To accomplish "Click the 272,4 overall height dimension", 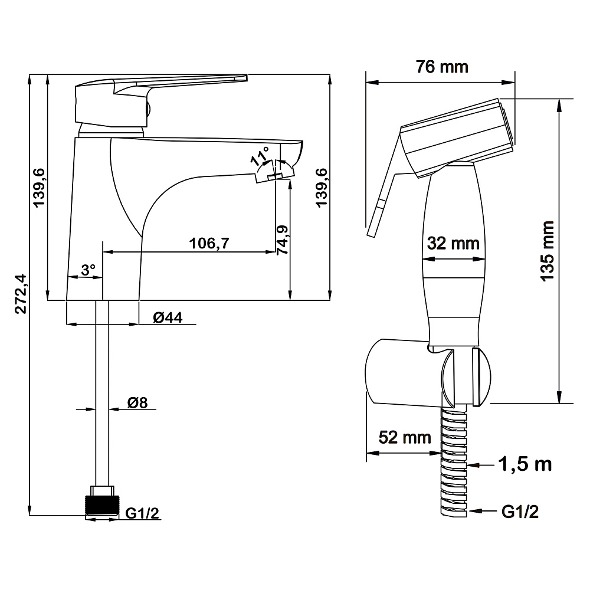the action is click(x=21, y=293).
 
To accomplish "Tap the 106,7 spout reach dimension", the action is click(x=209, y=244).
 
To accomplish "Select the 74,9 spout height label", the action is click(x=282, y=240).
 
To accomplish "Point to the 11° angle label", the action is click(x=260, y=156).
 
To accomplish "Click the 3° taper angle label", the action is click(x=88, y=270).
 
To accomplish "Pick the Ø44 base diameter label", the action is click(x=168, y=318).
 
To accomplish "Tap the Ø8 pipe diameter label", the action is click(x=137, y=403).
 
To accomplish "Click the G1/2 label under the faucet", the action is click(x=142, y=513).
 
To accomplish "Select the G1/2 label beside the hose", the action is click(x=520, y=512).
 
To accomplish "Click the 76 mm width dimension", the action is click(x=442, y=67).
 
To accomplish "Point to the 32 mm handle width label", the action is click(x=453, y=244).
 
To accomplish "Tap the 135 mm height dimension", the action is click(x=548, y=251).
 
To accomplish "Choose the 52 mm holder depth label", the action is click(x=405, y=437).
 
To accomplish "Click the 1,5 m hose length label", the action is click(x=525, y=464).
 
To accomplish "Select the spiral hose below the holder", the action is click(x=454, y=461).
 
